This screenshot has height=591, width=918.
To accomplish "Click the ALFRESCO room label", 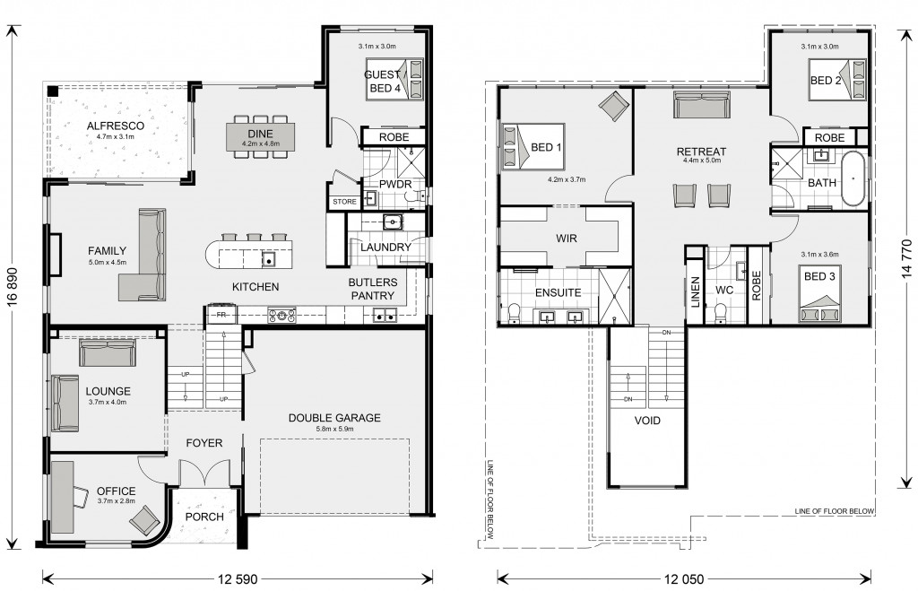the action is pos(116,126).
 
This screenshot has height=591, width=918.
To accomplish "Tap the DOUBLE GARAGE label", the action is pos(334,418).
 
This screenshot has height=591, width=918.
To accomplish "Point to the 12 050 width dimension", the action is pos(684,579).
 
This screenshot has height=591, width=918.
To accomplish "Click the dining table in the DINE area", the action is pos(261,136).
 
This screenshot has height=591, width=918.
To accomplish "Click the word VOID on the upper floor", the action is pos(647,421).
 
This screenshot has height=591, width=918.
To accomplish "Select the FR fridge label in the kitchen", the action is pos(221,315).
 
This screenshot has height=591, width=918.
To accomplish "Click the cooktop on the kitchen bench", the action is pos(281,315).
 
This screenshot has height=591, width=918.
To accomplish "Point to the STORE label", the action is pos(345,202).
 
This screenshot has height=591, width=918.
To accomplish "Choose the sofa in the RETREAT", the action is pos(701,104).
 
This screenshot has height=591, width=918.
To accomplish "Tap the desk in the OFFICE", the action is pos(62,497).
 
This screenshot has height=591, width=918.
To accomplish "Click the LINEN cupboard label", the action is pos(696,292).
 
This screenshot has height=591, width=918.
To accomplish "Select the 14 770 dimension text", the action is pos(906,258).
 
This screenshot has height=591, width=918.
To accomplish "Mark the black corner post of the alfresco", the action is pos(53,91).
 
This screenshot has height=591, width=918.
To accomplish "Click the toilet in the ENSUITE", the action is pos(514,313).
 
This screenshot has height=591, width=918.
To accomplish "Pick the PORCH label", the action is pos(204,517).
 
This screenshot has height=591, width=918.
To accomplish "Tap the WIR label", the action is pos(567,239).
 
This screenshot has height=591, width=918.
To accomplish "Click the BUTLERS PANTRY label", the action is pos(373,289).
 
